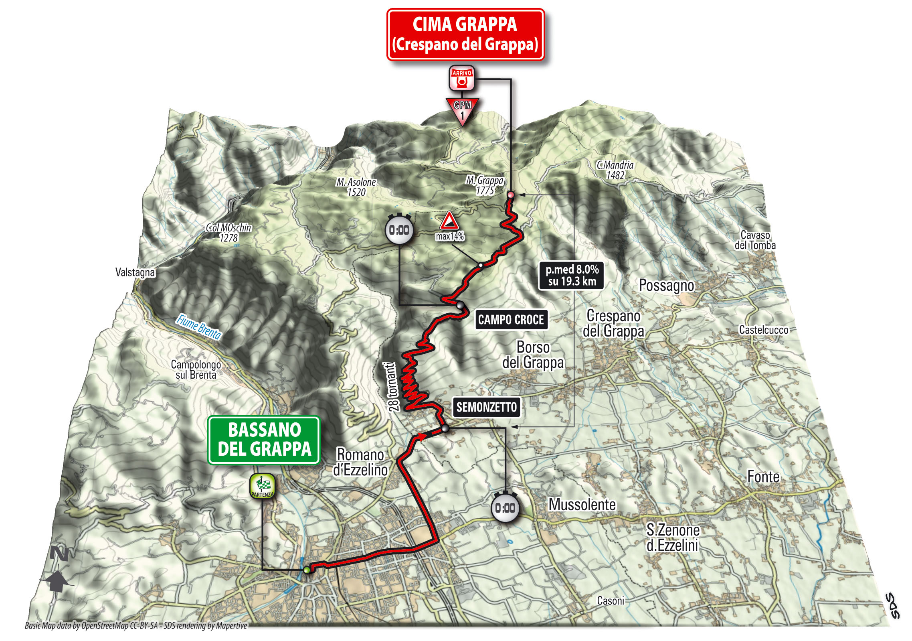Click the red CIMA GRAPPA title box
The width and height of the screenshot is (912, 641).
[x=465, y=34]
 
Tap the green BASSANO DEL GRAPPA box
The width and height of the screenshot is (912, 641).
[x=264, y=440]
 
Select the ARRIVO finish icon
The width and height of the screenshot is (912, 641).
[x=461, y=78]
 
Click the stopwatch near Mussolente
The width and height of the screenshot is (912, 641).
[x=505, y=508]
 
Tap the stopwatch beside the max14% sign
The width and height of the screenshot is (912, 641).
[x=399, y=230]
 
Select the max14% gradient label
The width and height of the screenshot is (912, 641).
[x=449, y=236]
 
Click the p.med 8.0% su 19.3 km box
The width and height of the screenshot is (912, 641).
[x=571, y=276]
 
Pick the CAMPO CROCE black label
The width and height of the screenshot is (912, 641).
[x=511, y=320]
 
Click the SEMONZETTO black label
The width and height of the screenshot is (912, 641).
[x=486, y=407]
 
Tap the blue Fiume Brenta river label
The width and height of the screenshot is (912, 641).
[x=199, y=327]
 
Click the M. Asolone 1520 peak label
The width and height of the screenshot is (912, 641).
[x=356, y=187]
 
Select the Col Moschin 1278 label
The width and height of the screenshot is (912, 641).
[x=229, y=233]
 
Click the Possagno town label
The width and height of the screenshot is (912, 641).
[x=666, y=286]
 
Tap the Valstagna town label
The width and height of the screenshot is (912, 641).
[x=135, y=272]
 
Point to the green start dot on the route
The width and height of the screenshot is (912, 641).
[x=307, y=570]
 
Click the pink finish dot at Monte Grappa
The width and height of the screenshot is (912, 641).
[x=510, y=195]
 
